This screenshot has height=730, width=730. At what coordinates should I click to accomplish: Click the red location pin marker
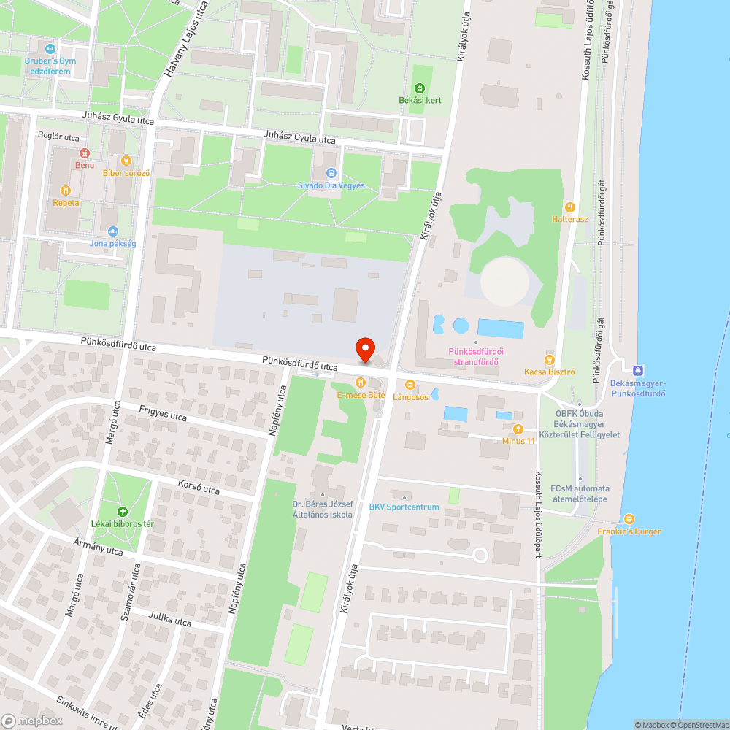[x=364, y=350]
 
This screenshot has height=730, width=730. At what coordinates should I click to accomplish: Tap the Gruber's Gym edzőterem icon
[x=50, y=48]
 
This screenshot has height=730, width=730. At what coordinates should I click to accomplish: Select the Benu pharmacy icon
[x=85, y=153]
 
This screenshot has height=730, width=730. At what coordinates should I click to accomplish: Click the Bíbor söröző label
[x=126, y=173]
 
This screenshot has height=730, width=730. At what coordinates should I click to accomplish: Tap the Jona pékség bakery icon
[x=112, y=231]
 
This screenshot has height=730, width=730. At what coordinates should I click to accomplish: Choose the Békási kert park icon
[x=420, y=88]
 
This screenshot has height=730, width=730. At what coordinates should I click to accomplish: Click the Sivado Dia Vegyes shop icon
[x=331, y=173]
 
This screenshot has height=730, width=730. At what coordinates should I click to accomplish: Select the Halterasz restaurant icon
[x=570, y=207]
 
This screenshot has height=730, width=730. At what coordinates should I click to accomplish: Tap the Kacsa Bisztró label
[x=550, y=372]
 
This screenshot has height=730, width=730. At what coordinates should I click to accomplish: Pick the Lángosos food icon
[x=410, y=385]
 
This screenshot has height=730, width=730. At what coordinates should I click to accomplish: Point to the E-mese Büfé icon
[x=360, y=383]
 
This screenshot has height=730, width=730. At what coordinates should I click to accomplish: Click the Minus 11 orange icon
[x=518, y=429]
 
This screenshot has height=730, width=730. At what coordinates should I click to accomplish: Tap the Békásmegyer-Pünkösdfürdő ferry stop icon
[x=639, y=370]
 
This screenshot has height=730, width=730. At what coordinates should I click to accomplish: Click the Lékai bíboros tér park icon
[x=122, y=512]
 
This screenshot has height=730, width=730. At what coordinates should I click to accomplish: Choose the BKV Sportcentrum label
[x=404, y=507]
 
